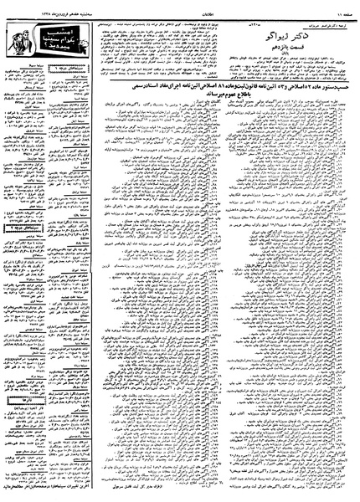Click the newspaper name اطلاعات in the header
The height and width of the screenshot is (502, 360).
tap(186, 4)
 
